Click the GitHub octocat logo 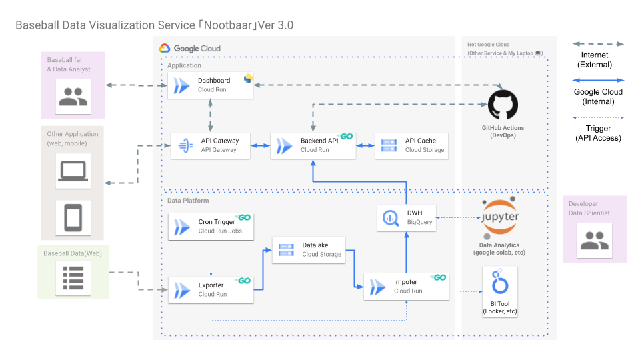coord(503,105)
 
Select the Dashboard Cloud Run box coord(210,85)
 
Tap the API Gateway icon coord(186,145)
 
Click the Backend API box coord(313,145)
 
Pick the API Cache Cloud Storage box coord(411,145)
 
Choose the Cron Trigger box coord(211,227)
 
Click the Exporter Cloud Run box coord(211,290)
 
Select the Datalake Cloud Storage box coord(309,250)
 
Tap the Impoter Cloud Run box coord(406,287)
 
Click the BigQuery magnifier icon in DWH coord(391,218)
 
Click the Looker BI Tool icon coord(500,281)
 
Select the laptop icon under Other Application coord(73,171)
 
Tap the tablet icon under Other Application coord(73,217)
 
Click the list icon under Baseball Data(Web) coord(73,278)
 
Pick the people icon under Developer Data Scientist coord(595,241)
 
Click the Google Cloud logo coord(165,48)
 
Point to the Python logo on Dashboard coord(248,79)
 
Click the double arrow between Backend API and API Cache coord(365,145)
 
